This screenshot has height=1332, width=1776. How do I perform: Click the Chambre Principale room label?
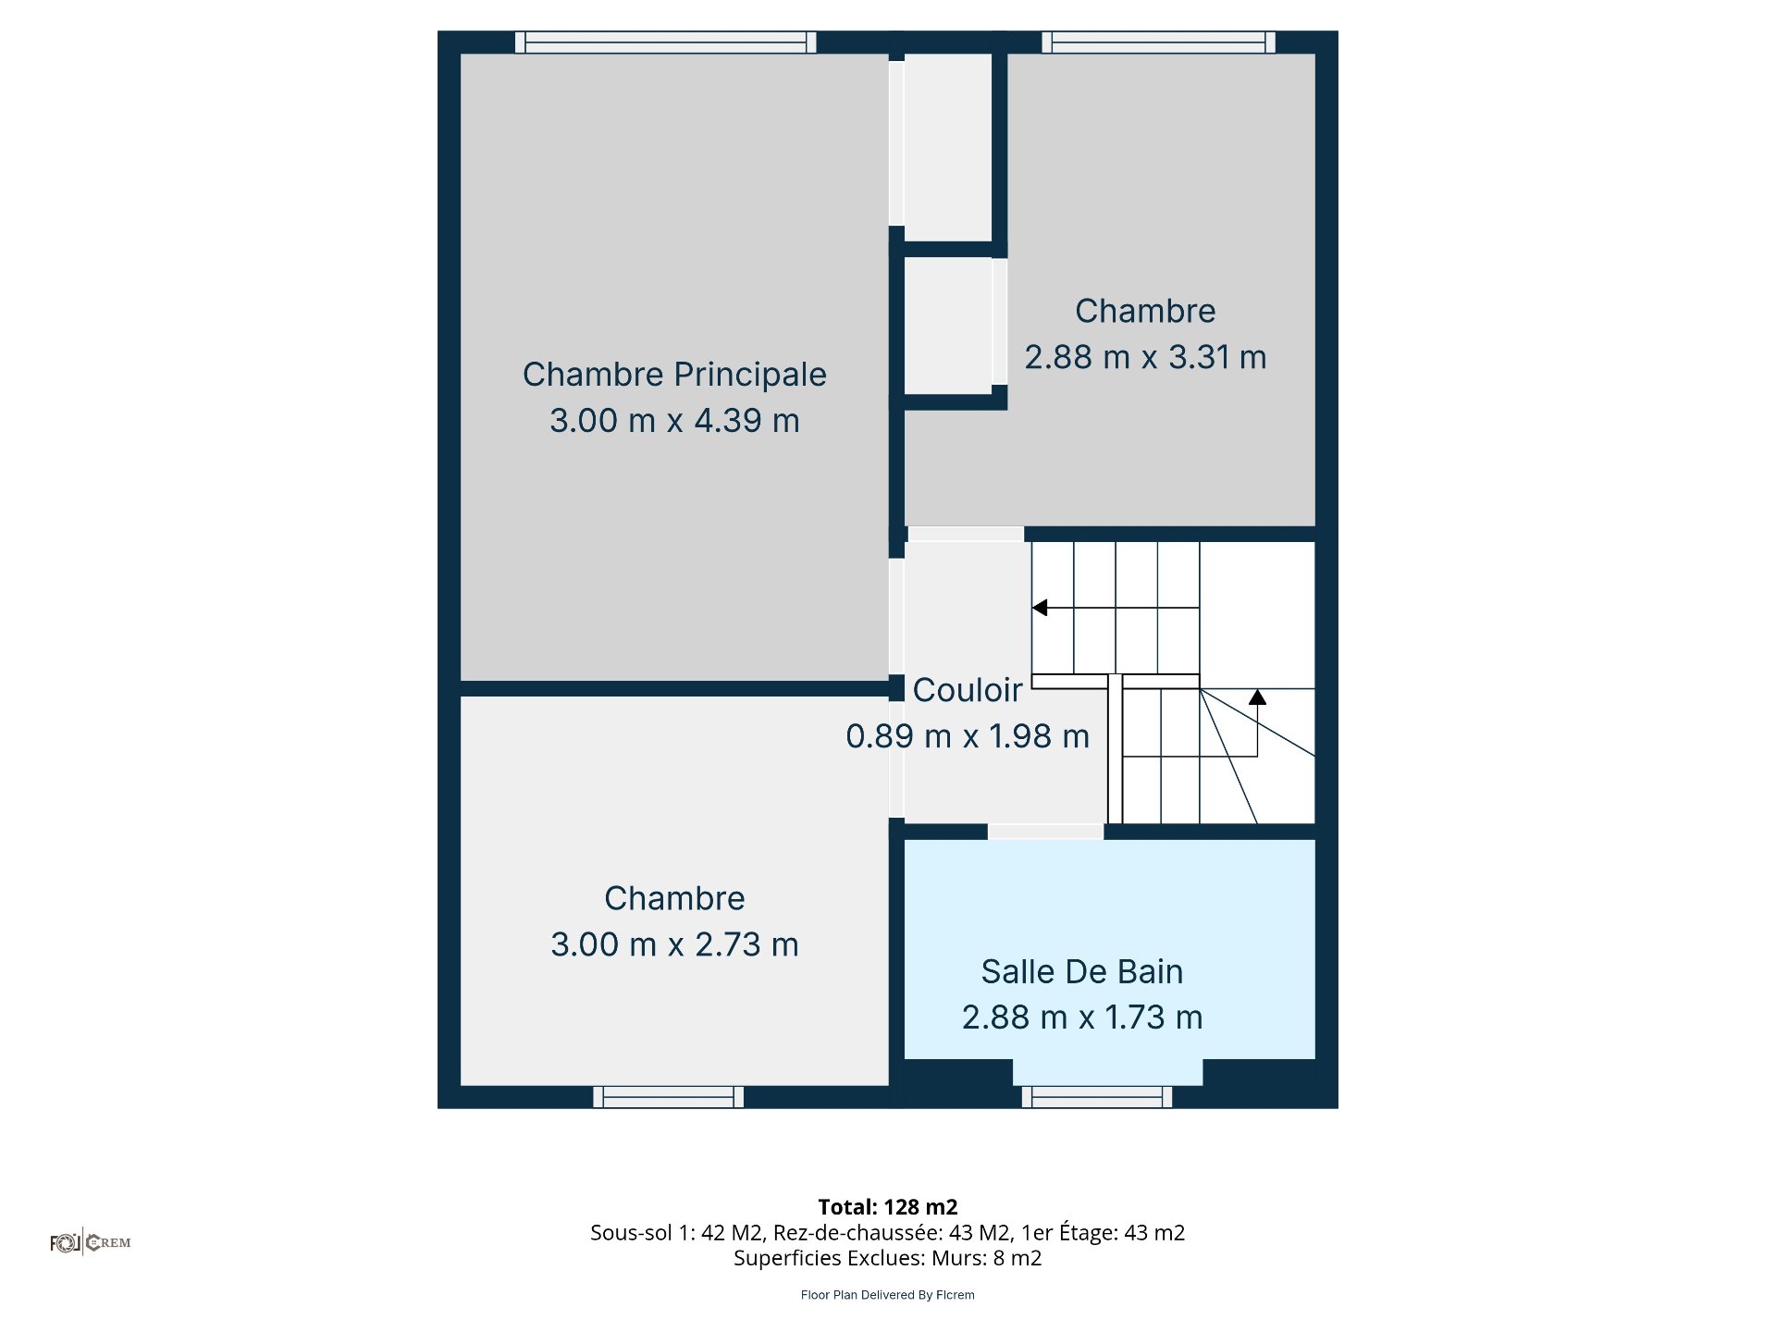coord(674,375)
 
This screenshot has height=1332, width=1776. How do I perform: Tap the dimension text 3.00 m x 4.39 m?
coord(674,421)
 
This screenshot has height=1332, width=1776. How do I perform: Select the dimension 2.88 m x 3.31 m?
coord(1145,357)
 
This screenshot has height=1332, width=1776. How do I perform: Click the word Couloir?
coord(968,690)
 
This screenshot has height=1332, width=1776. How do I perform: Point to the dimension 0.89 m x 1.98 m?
coord(968,736)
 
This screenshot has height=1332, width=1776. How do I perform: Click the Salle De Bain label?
coord(1082,972)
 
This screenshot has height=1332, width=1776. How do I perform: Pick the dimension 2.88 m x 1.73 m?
coord(1082,1017)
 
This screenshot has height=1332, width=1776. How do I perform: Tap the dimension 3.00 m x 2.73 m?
coord(674,944)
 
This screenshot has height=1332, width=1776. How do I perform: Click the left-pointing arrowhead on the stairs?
coord(1040,608)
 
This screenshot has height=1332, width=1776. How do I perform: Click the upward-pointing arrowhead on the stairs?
coord(1257,697)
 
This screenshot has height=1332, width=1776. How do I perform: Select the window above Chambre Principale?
coord(666,43)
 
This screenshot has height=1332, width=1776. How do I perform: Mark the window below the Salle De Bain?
coord(1097,1097)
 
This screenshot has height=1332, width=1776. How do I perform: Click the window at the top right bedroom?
coord(1159,43)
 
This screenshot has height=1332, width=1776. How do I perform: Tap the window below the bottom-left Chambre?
coord(669,1097)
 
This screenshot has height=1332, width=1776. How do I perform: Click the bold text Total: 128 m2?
coord(888,1207)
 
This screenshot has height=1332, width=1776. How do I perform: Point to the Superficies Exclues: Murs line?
coord(888,1258)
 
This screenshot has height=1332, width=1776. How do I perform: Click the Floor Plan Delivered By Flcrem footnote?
coord(888,1295)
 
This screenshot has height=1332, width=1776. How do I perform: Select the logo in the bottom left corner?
coord(91,1242)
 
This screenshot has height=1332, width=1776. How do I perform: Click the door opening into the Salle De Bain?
coord(1046,832)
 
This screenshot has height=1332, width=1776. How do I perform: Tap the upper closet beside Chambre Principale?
coord(948,147)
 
